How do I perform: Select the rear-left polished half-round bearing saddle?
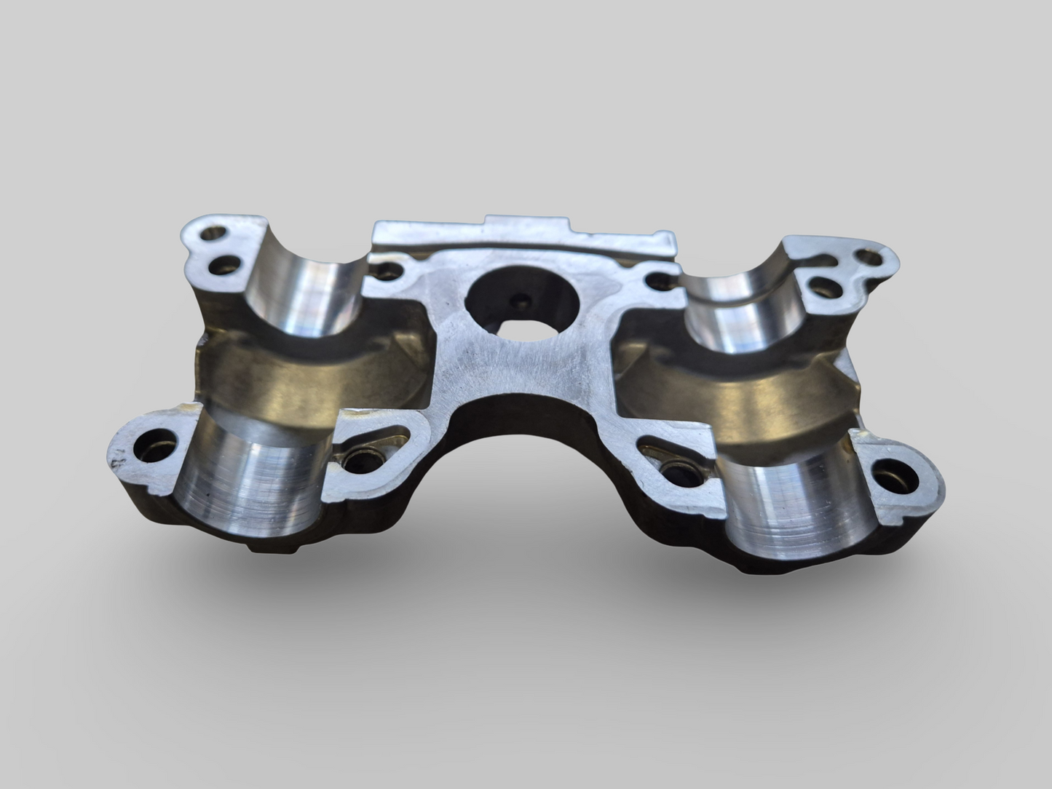[x=306, y=291]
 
